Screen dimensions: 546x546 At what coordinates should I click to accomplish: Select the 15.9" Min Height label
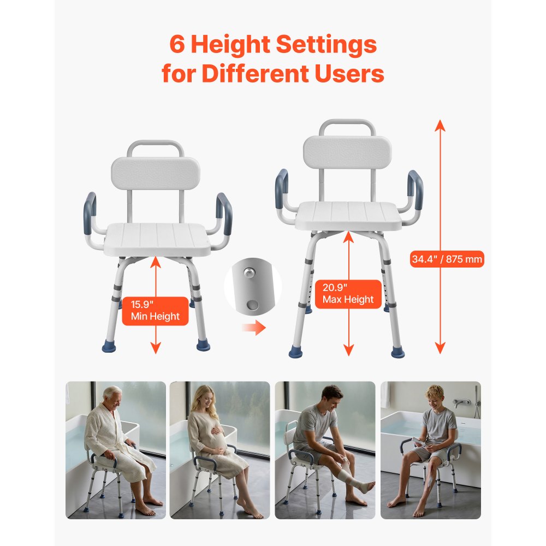point(155,311)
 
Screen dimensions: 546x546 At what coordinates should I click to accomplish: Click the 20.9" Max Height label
point(348,294)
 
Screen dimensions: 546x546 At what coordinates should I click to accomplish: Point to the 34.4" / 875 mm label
point(447,259)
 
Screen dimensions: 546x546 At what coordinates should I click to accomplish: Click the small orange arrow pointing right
point(253,328)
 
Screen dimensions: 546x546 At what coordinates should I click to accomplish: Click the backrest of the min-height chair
point(156,173)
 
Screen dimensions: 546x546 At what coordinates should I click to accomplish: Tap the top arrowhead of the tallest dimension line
point(440,126)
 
